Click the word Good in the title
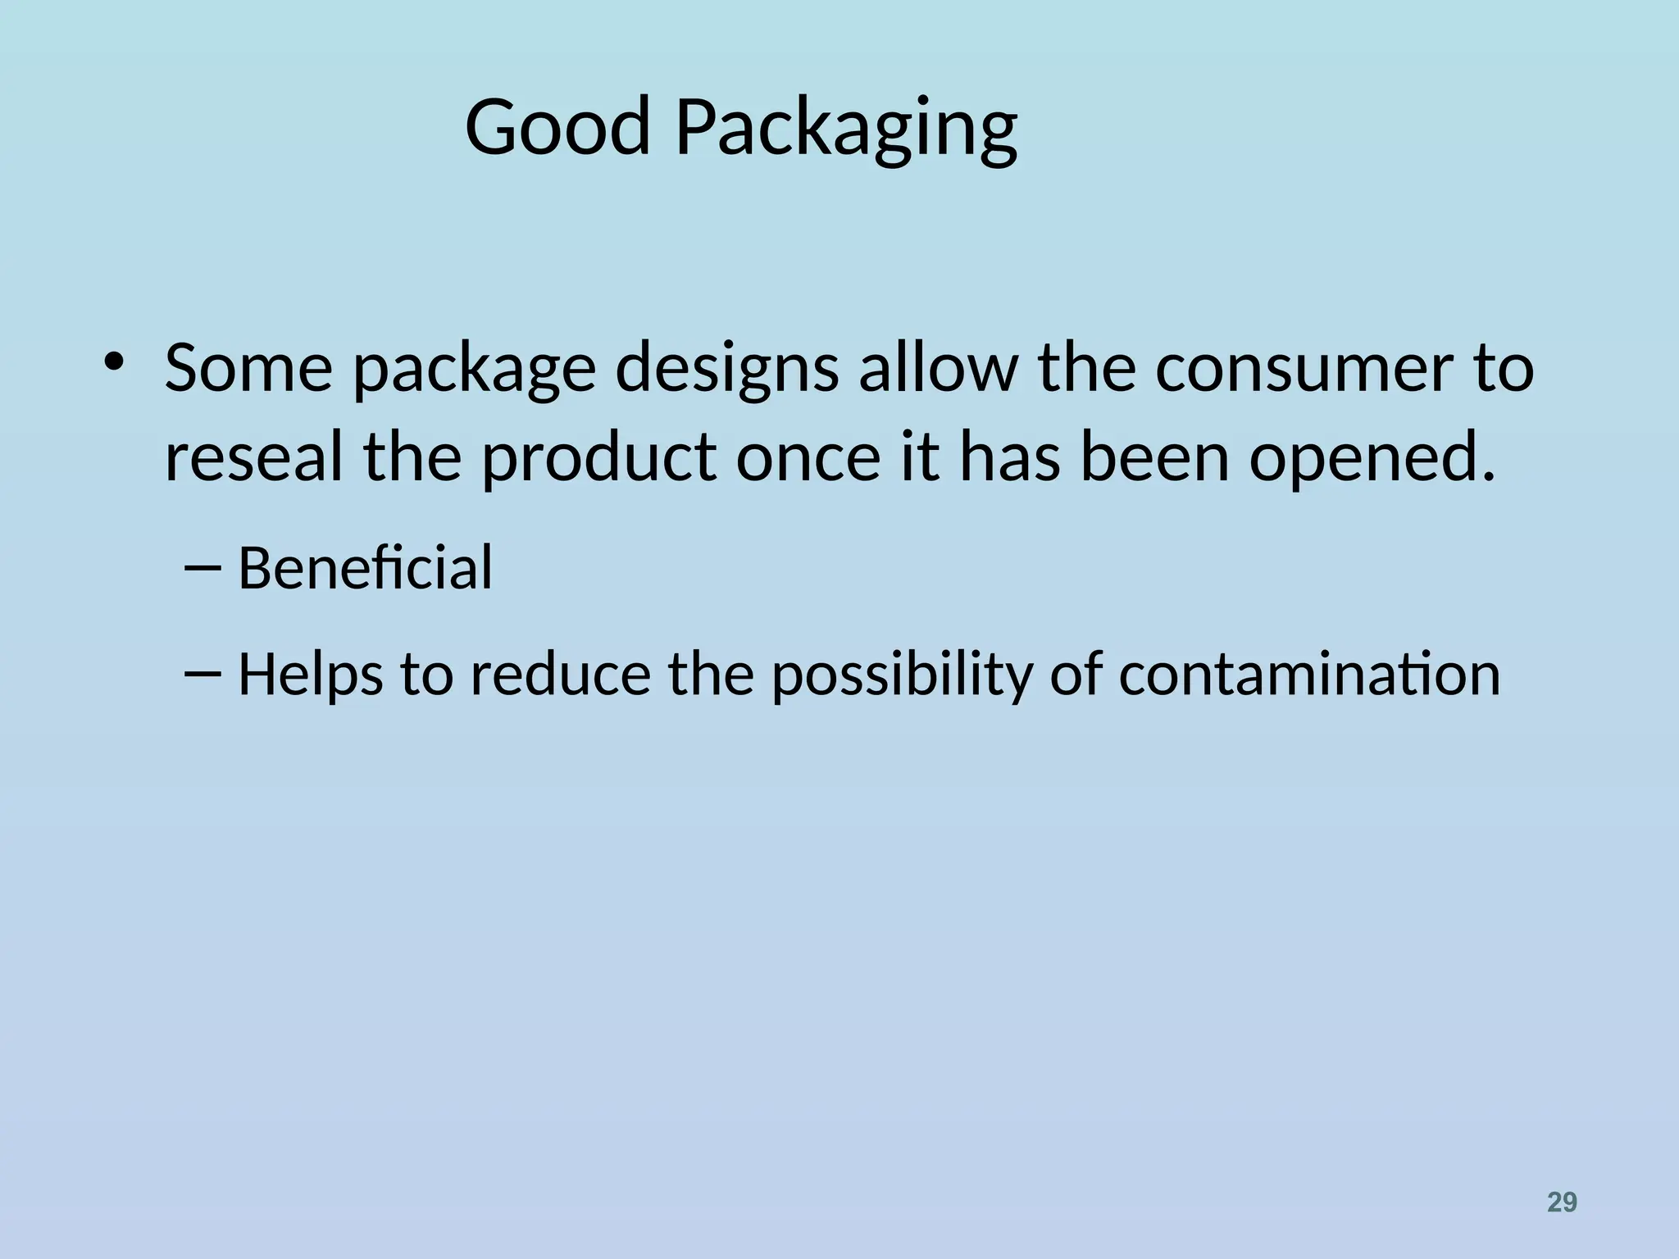(557, 128)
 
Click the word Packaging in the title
(846, 130)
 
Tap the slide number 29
(1562, 1202)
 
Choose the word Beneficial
(365, 567)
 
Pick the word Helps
(310, 675)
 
